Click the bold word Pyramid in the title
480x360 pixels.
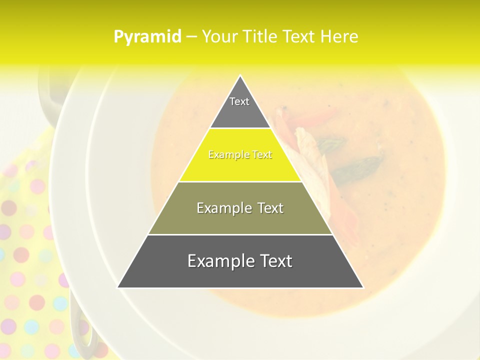(x=147, y=37)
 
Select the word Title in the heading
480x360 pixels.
(x=259, y=37)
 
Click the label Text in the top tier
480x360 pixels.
(x=239, y=101)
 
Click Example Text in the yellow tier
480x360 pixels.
(x=240, y=155)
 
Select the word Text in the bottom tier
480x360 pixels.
(x=274, y=261)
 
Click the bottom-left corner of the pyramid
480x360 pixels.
(x=118, y=287)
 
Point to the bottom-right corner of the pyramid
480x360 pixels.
(x=363, y=287)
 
